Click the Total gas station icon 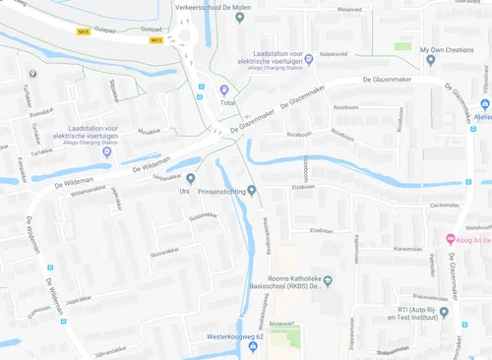(224, 90)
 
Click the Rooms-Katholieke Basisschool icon (329, 280)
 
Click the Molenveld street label (349, 9)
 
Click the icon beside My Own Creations (431, 60)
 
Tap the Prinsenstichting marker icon (252, 190)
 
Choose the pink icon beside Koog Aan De (450, 238)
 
